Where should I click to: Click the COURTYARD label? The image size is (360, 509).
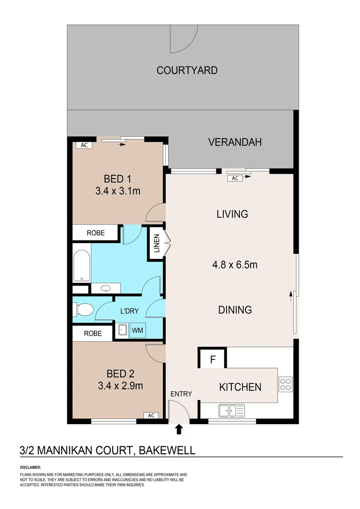click(x=187, y=70)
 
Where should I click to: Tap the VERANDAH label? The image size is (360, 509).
click(x=235, y=142)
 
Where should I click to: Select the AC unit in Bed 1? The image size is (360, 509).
click(x=84, y=145)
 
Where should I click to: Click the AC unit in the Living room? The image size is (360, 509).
click(x=236, y=178)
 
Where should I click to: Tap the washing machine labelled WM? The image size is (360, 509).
click(x=138, y=330)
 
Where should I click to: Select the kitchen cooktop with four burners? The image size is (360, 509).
click(x=285, y=385)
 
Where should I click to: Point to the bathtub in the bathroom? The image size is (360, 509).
click(x=81, y=267)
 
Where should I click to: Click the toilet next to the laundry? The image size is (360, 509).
click(x=83, y=310)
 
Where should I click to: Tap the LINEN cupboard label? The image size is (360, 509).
click(x=156, y=243)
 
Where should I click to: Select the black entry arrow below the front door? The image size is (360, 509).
click(x=179, y=429)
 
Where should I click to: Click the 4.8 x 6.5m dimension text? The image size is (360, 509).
click(x=235, y=264)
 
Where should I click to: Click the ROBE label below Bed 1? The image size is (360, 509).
click(x=95, y=232)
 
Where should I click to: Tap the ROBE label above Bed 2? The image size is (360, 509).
click(x=92, y=333)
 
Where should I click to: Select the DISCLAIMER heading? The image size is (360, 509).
click(x=30, y=467)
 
